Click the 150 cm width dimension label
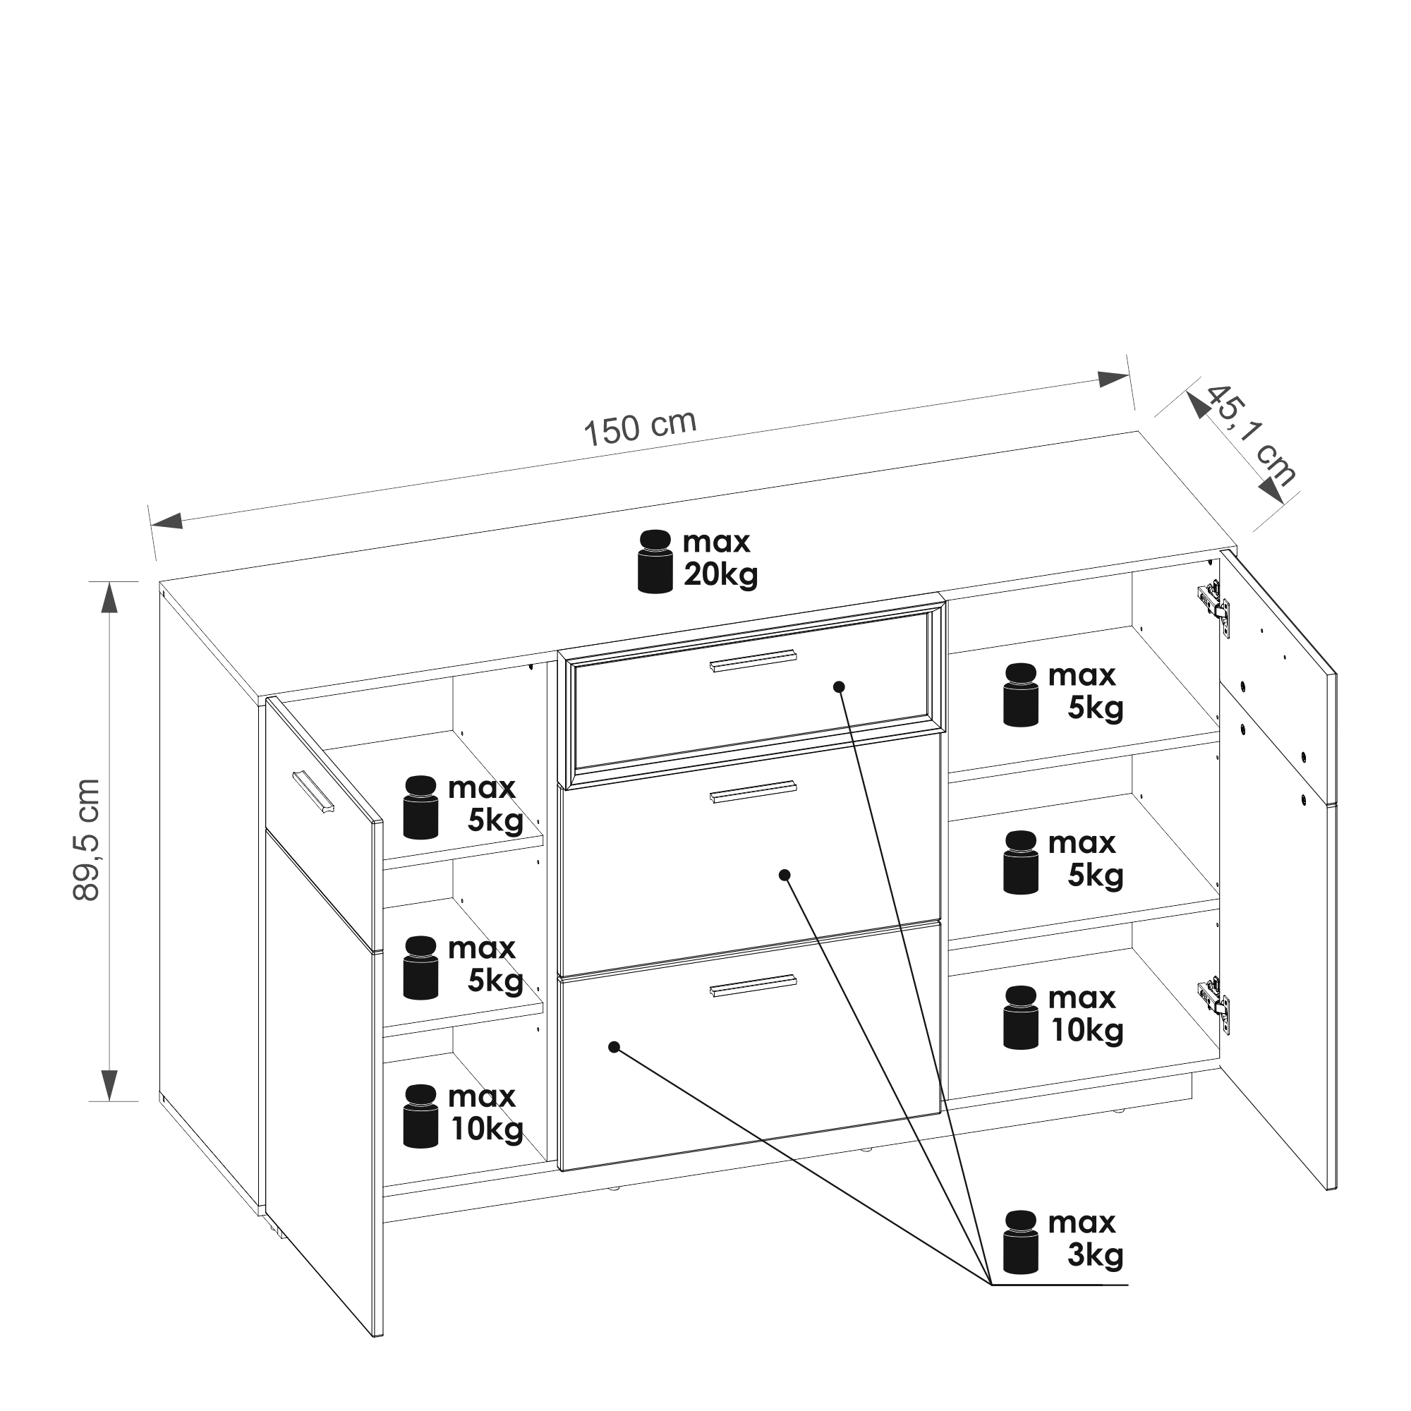click(640, 428)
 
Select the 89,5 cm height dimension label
click(87, 839)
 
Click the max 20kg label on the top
click(720, 559)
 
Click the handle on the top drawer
click(752, 660)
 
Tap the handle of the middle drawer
click(752, 792)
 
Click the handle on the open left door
click(313, 791)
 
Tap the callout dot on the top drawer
click(839, 686)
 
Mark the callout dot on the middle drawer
click(785, 875)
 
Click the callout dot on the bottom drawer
click(614, 1047)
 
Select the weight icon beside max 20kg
click(655, 562)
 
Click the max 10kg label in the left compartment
click(485, 1113)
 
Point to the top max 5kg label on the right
click(1084, 691)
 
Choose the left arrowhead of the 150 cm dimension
click(166, 520)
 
